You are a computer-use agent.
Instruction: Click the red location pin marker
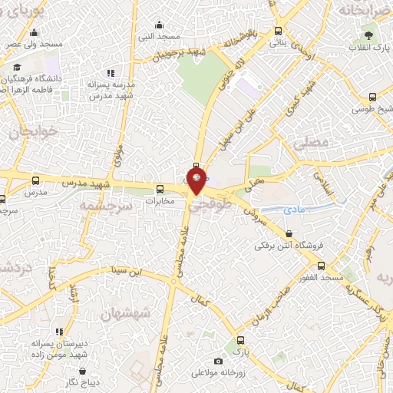pos(197,181)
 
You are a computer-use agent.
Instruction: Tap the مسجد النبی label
pos(163,36)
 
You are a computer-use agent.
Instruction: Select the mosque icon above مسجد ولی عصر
pos(35,33)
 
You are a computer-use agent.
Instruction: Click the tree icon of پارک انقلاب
pos(368,35)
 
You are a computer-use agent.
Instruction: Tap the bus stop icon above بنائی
pos(276,31)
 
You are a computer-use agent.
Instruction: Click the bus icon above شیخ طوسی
pos(372,97)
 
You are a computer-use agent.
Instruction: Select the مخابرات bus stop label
pos(161,200)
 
